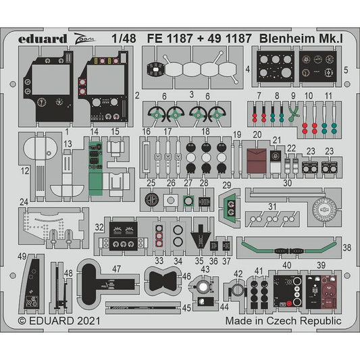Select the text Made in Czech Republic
pyautogui.click(x=284, y=322)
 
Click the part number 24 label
pyautogui.click(x=24, y=201)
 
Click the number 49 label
pyautogui.click(x=23, y=257)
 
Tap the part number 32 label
pyautogui.click(x=99, y=228)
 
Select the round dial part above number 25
pyautogui.click(x=153, y=199)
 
